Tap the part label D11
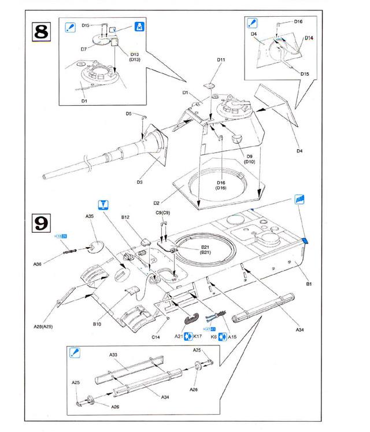221,59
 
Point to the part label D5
129,114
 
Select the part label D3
140,183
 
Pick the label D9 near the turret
250,156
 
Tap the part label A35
90,216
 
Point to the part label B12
125,218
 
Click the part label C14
156,336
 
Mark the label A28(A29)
46,327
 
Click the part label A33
113,354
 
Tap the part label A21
179,336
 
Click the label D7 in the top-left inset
84,50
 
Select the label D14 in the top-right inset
309,38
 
